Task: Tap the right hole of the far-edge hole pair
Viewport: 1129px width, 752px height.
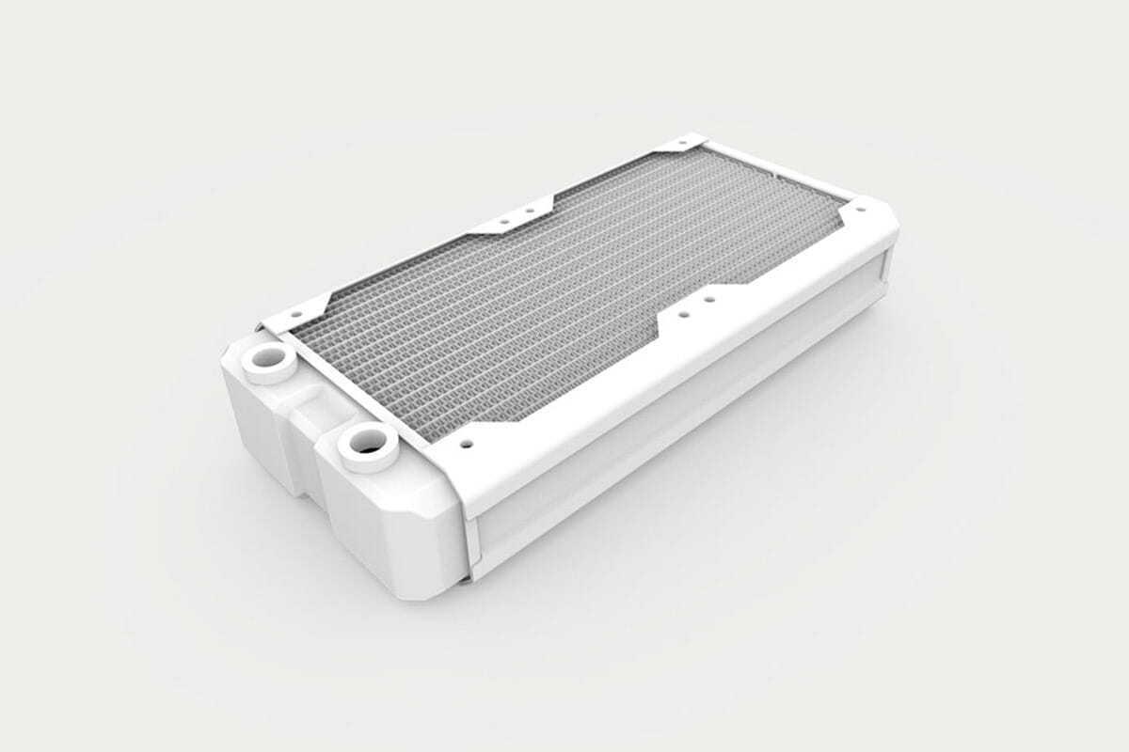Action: pyautogui.click(x=530, y=211)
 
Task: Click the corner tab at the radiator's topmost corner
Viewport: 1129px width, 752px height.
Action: pyautogui.click(x=683, y=148)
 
